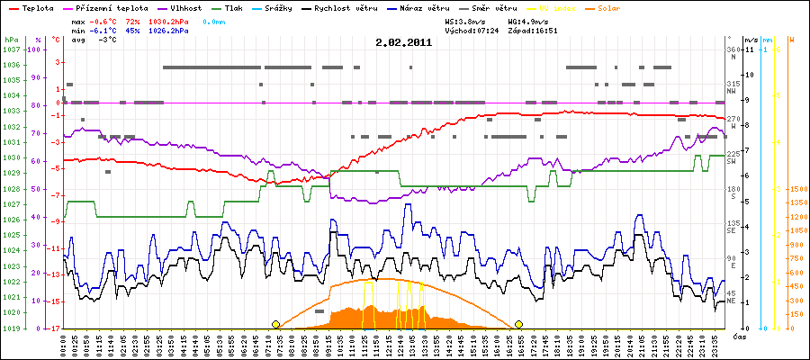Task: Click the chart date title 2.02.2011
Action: pyautogui.click(x=403, y=41)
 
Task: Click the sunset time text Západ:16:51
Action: pyautogui.click(x=533, y=30)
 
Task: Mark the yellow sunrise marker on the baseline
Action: pyautogui.click(x=275, y=324)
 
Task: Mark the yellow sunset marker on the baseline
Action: pyautogui.click(x=518, y=324)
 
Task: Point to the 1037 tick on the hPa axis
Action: pyautogui.click(x=12, y=49)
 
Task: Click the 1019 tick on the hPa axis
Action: pyautogui.click(x=12, y=328)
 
